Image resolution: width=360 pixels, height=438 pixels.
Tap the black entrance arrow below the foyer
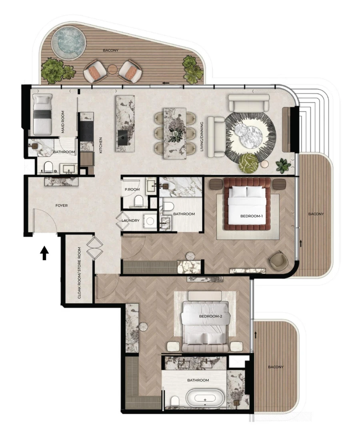44,253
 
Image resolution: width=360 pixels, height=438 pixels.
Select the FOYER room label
61,206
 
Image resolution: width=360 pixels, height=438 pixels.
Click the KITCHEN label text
101,145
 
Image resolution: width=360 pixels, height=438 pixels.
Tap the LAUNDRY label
132,220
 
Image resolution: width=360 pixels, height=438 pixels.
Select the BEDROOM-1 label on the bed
251,216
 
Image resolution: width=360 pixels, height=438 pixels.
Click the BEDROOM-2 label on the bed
210,316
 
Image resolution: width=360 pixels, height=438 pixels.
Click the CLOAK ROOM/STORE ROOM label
80,273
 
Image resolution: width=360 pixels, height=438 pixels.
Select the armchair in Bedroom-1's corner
278,259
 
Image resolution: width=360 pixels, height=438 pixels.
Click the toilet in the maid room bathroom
48,167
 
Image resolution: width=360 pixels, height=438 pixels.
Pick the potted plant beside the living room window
284,164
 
